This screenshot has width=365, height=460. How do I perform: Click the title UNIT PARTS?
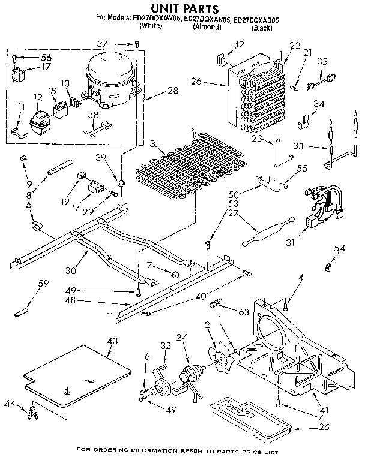point(181,8)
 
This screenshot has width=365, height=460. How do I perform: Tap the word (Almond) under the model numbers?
point(208,28)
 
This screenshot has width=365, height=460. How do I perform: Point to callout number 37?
point(119,43)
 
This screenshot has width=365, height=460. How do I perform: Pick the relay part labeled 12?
point(41,114)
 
